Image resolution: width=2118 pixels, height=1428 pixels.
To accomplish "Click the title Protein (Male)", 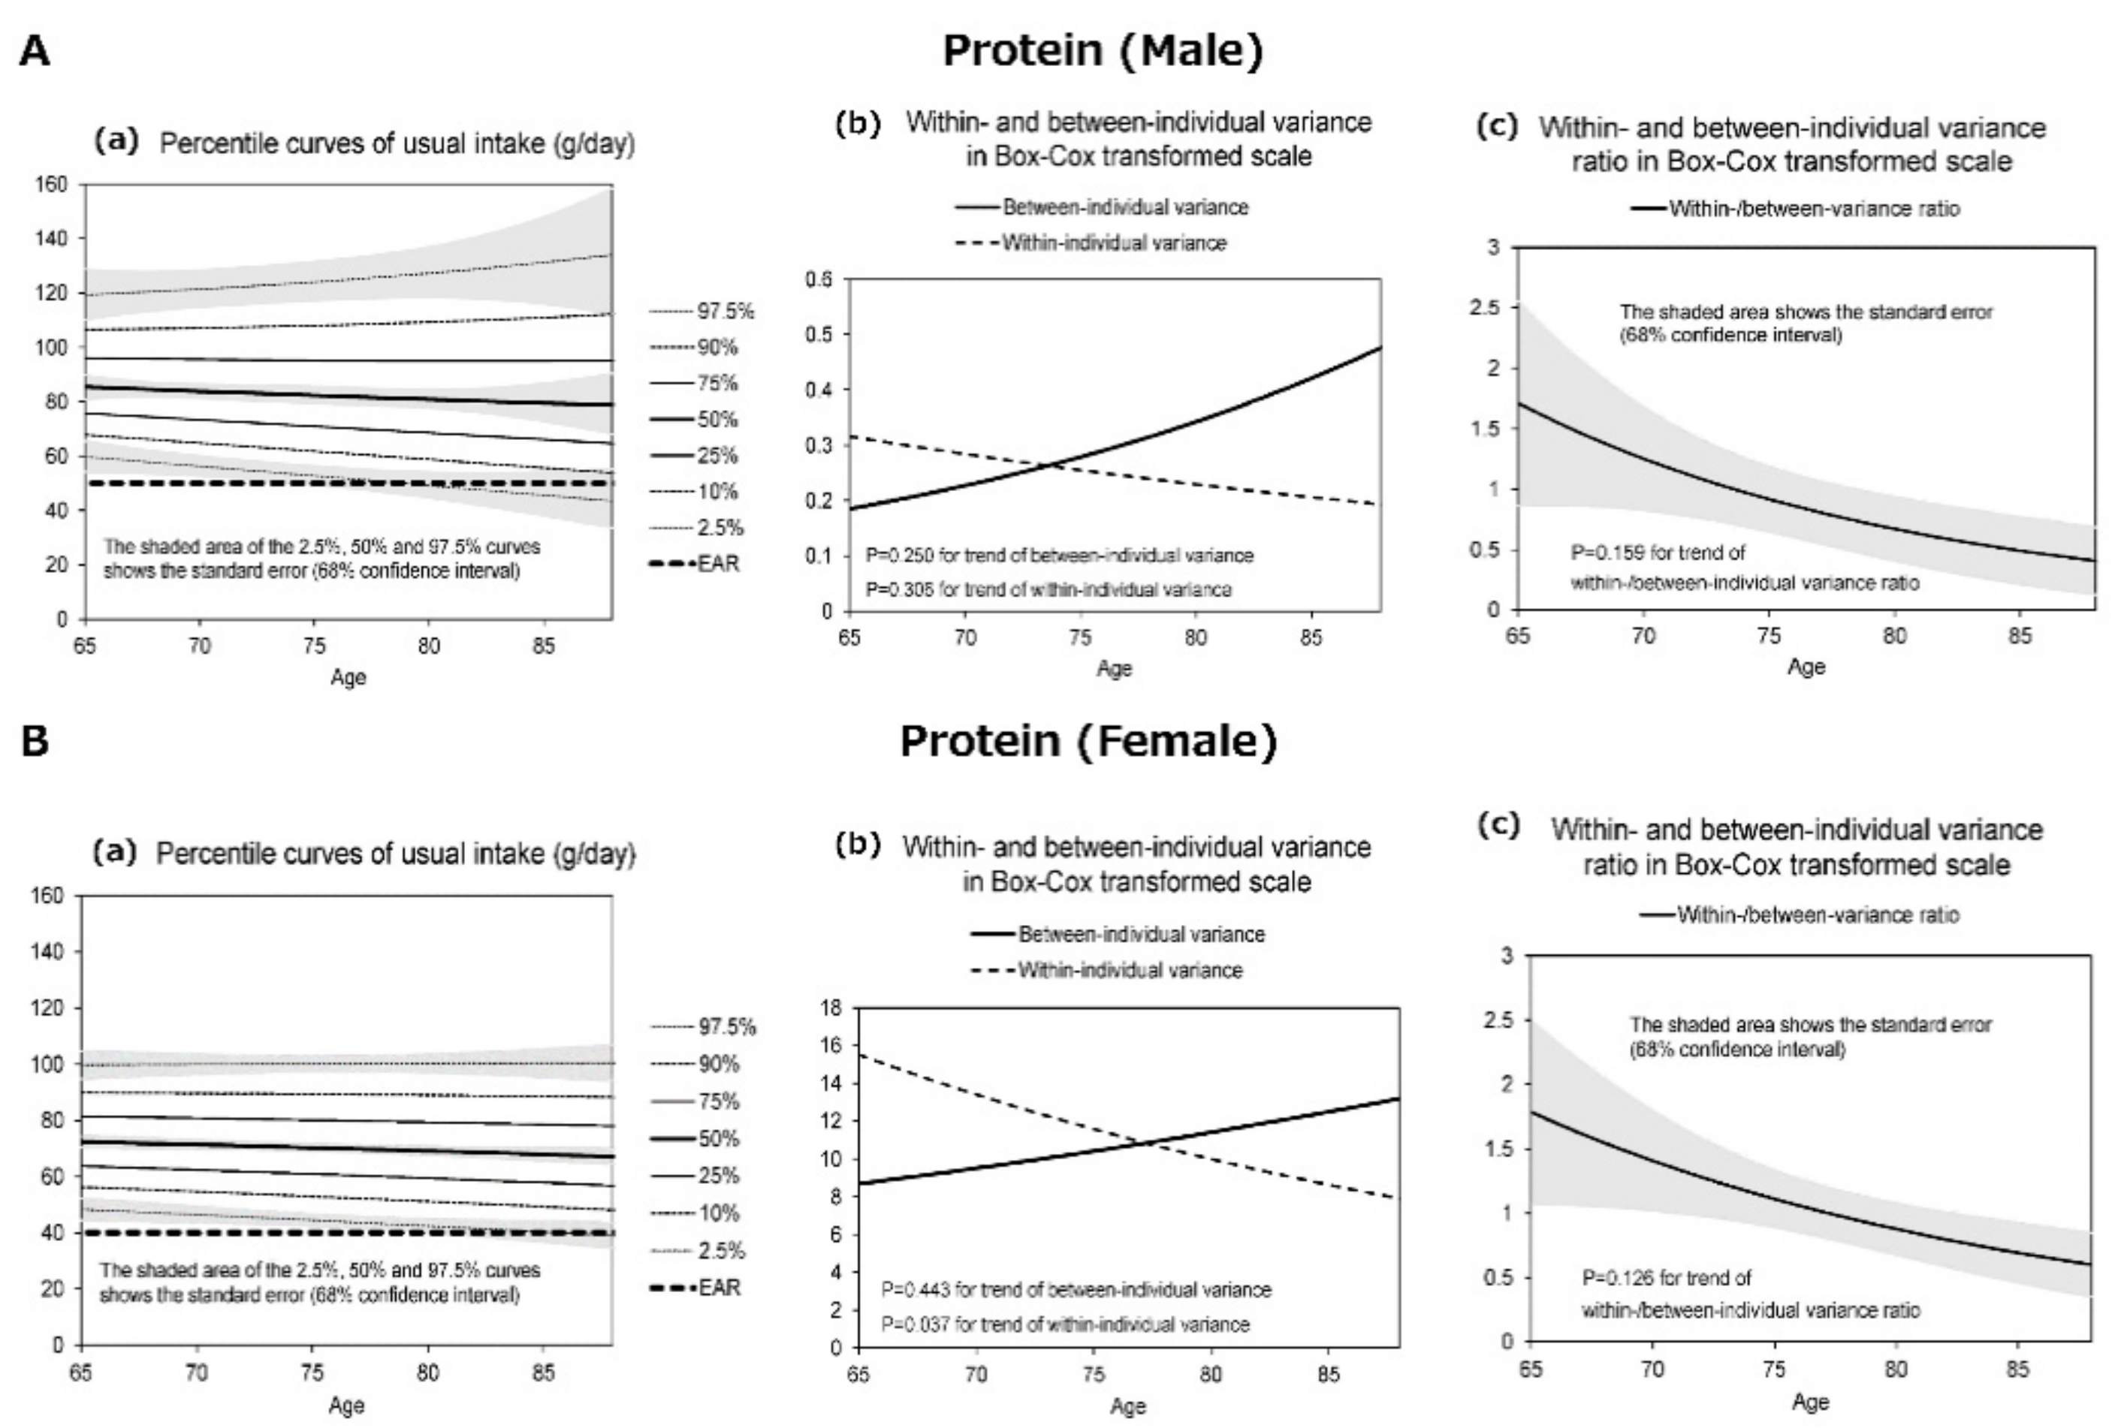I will (1103, 50).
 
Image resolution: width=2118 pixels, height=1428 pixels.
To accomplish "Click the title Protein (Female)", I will (1088, 740).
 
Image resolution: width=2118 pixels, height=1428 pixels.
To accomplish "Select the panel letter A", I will (35, 51).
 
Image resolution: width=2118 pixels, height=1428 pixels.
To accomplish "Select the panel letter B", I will (35, 741).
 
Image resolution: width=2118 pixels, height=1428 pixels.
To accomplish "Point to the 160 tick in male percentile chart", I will (51, 185).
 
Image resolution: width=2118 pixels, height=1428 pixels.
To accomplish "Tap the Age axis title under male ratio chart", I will (1806, 667).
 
